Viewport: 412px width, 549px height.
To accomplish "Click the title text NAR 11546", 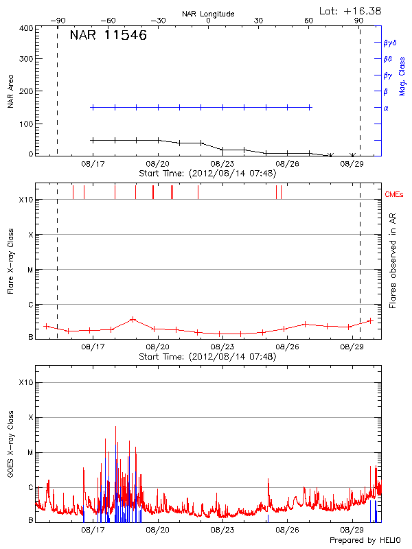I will coord(108,36).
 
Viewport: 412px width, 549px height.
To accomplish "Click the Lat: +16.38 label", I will coord(351,10).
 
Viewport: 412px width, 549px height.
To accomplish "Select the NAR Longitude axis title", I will coord(208,14).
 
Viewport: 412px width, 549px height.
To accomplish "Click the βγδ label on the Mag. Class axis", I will coord(390,43).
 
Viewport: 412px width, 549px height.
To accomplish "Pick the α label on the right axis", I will coord(386,108).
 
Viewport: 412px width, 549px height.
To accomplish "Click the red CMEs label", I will coord(396,195).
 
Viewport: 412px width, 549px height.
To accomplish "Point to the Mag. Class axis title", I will coord(403,75).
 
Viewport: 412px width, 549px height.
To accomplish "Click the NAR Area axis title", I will coord(10,92).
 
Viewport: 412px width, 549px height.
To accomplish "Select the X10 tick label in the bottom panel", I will coord(25,382).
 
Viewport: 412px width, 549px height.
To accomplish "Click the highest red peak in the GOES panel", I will coord(115,427).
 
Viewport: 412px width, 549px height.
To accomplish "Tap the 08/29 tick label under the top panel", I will coord(352,164).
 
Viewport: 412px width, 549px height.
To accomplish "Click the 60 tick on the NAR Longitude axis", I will coord(309,21).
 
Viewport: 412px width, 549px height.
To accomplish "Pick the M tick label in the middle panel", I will coord(29,270).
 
